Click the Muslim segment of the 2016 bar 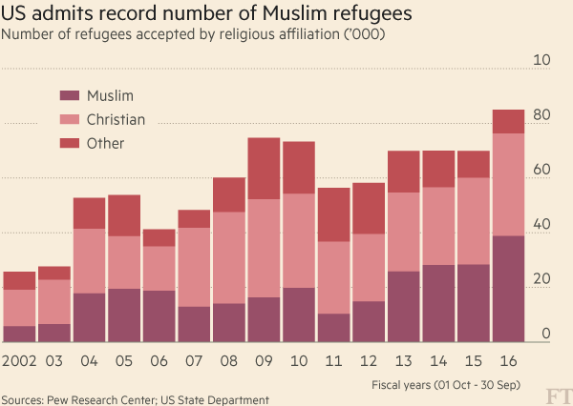coord(508,289)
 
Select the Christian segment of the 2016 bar coord(508,184)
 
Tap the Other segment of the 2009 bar coord(264,169)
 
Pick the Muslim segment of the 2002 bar coord(19,334)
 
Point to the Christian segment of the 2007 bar coord(194,267)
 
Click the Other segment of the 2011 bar coord(333,214)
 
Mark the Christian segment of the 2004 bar coord(89,261)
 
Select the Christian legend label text coord(116,119)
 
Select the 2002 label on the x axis coord(19,361)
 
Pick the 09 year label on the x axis coord(264,361)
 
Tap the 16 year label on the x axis coord(508,361)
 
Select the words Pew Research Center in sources coord(99,400)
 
